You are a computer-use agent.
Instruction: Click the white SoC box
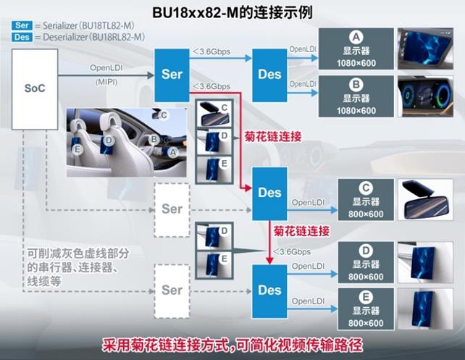pyautogui.click(x=35, y=89)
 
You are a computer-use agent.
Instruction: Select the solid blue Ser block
pyautogui.click(x=172, y=75)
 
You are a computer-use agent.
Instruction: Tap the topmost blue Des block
pyautogui.click(x=269, y=75)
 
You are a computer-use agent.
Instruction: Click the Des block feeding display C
pyautogui.click(x=269, y=193)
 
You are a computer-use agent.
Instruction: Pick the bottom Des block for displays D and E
pyautogui.click(x=269, y=291)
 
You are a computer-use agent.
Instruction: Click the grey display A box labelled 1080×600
pyautogui.click(x=356, y=49)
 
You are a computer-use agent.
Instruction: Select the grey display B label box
pyautogui.click(x=356, y=96)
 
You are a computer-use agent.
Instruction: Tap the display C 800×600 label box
pyautogui.click(x=366, y=200)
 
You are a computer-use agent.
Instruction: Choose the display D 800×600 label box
pyautogui.click(x=366, y=262)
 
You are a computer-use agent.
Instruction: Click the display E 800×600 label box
pyautogui.click(x=366, y=309)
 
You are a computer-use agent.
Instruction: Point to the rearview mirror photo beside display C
pyautogui.click(x=426, y=200)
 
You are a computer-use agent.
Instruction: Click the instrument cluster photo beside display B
pyautogui.click(x=426, y=96)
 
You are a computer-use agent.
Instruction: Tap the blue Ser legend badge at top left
pyautogui.click(x=22, y=25)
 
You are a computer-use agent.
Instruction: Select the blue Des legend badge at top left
pyautogui.click(x=22, y=37)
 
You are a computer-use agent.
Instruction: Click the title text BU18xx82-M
pyautogui.click(x=196, y=13)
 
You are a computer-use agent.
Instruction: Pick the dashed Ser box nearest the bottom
pyautogui.click(x=172, y=291)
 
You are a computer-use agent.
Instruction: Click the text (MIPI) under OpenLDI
pyautogui.click(x=106, y=82)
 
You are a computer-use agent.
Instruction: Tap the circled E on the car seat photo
pyautogui.click(x=77, y=149)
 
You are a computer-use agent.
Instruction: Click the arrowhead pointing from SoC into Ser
pyautogui.click(x=151, y=75)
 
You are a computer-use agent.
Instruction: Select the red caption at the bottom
pyautogui.click(x=232, y=345)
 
